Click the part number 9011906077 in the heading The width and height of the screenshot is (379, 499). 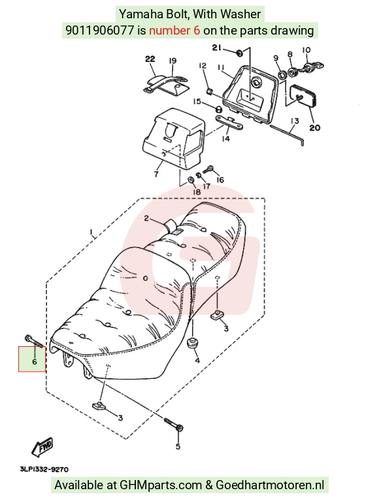point(100,31)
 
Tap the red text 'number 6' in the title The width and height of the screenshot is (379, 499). point(174,31)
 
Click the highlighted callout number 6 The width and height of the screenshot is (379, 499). point(35,362)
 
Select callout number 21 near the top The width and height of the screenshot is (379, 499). point(216,48)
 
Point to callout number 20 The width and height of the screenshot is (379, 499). point(315,127)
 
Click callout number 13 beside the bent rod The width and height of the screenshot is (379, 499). point(295,121)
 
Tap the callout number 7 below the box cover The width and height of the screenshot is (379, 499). point(156,174)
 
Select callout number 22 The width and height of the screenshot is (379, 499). point(150,59)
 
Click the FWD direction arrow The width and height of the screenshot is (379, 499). point(42,447)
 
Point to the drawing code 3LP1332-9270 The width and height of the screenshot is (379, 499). point(44,470)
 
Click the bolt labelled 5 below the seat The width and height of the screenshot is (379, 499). point(174,424)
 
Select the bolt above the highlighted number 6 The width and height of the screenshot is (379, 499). point(33,341)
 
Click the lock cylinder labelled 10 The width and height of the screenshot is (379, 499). point(314,67)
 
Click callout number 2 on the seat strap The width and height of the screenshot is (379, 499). point(146,218)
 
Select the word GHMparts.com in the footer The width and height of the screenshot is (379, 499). point(161,485)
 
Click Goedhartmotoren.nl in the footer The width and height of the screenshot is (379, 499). point(270,485)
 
